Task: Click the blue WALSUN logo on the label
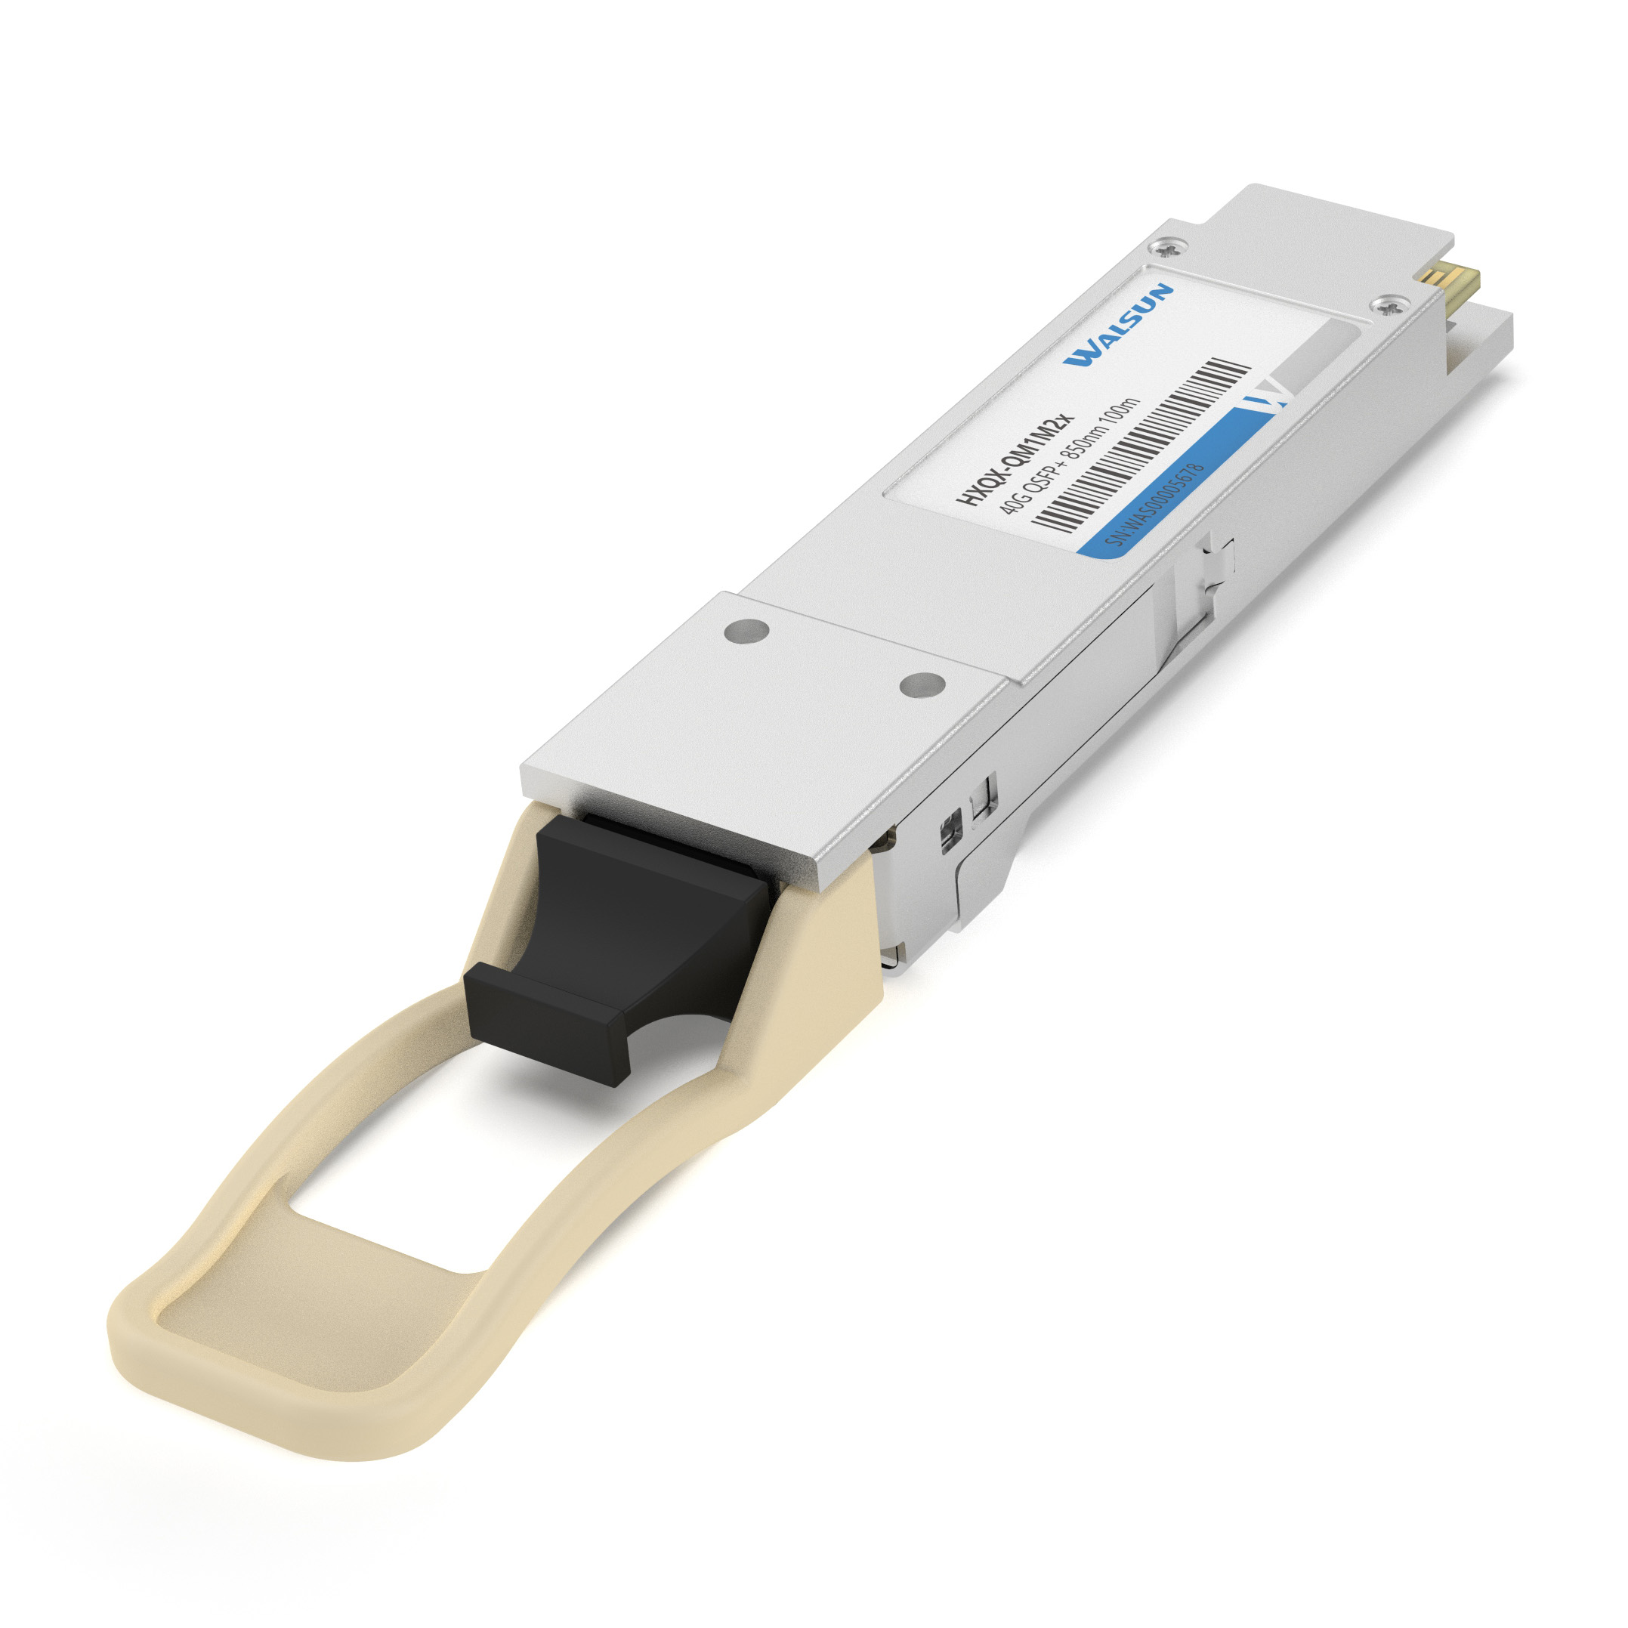click(x=1117, y=326)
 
